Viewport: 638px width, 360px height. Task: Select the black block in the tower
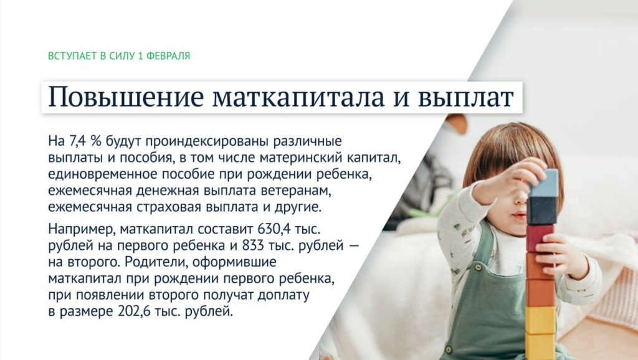(x=541, y=211)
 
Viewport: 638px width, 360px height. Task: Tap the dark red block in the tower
(x=540, y=237)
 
